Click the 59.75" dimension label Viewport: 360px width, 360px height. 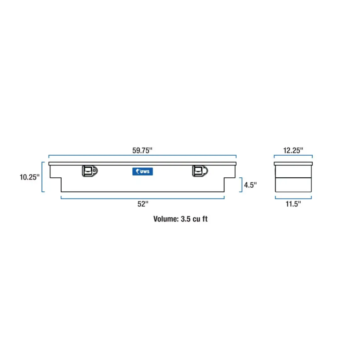point(142,150)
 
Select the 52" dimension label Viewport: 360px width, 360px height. point(143,204)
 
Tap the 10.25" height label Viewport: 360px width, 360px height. point(29,177)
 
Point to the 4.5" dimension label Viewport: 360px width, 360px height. point(250,185)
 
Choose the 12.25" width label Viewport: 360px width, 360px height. point(293,150)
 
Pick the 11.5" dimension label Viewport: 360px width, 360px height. point(293,204)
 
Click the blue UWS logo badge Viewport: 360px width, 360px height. point(143,171)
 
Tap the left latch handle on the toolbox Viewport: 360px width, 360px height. point(90,171)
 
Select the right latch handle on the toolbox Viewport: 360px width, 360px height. point(200,171)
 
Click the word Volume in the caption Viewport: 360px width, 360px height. point(166,219)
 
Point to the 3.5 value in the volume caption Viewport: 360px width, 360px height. point(185,219)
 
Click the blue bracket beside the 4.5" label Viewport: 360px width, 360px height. point(242,184)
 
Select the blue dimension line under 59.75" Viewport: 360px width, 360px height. point(142,155)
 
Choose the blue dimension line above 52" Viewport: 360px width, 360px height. point(143,198)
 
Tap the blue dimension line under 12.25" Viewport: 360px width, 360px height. point(293,155)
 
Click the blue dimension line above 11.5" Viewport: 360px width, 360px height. point(293,198)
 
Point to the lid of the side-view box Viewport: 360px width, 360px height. point(293,164)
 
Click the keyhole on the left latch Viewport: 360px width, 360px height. point(94,171)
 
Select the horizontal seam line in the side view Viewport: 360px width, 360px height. point(293,178)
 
